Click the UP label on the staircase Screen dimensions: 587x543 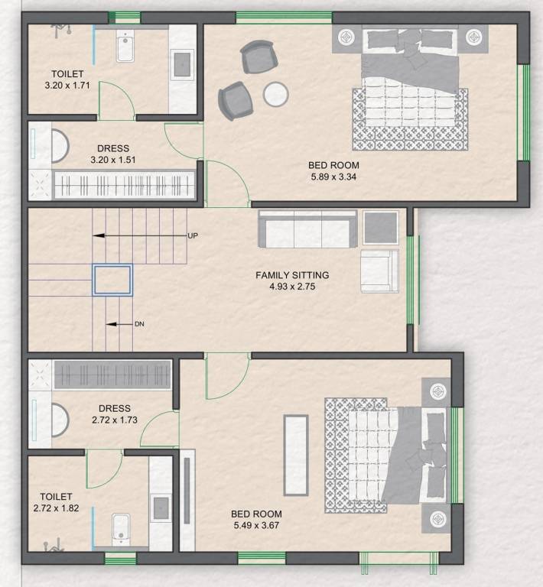coord(193,236)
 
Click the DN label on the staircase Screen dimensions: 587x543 coord(139,324)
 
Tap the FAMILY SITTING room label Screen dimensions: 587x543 coord(292,275)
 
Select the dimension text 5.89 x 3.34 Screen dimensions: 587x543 coord(333,177)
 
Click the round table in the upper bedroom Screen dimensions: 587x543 coord(275,94)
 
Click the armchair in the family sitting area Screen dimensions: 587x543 coord(379,271)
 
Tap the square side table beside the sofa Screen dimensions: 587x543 coord(380,227)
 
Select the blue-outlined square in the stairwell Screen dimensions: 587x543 coord(112,280)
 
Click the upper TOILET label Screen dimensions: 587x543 coord(67,73)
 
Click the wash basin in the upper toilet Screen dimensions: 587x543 coord(182,64)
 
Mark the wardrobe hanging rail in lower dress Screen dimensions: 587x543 coord(112,375)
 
